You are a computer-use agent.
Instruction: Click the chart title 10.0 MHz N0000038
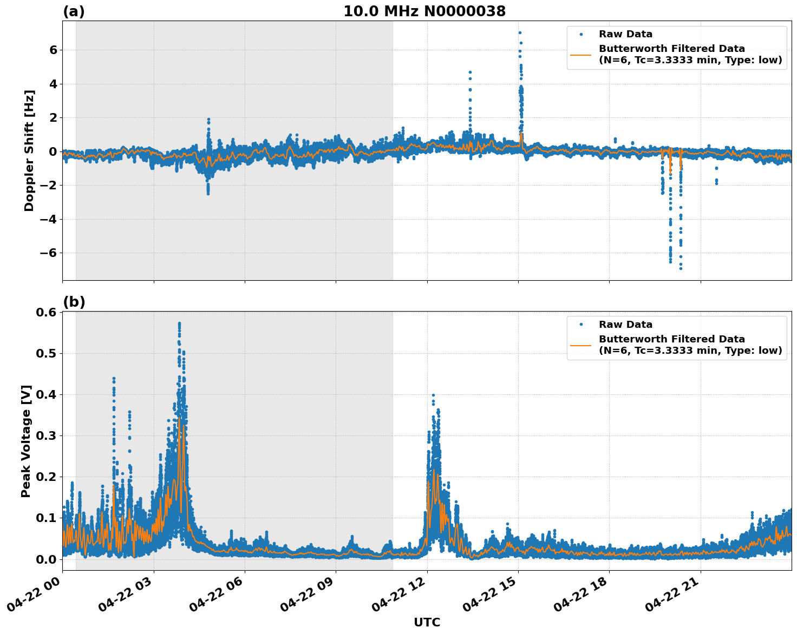click(424, 11)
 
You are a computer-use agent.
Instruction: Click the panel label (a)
click(74, 11)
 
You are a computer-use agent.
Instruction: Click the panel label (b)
click(74, 302)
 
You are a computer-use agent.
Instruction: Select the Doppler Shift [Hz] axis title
click(29, 150)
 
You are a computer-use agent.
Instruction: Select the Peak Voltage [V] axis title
click(26, 441)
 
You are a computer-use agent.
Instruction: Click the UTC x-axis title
click(427, 622)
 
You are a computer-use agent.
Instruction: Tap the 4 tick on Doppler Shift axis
click(53, 84)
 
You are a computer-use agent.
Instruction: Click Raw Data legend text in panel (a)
click(625, 34)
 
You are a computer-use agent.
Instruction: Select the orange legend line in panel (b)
click(580, 345)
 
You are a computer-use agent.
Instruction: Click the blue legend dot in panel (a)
click(581, 34)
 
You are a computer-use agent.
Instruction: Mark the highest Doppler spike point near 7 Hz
click(519, 32)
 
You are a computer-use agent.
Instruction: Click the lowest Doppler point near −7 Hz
click(681, 268)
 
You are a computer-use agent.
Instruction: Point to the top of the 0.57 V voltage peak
click(179, 323)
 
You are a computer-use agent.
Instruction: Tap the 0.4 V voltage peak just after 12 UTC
click(433, 395)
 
